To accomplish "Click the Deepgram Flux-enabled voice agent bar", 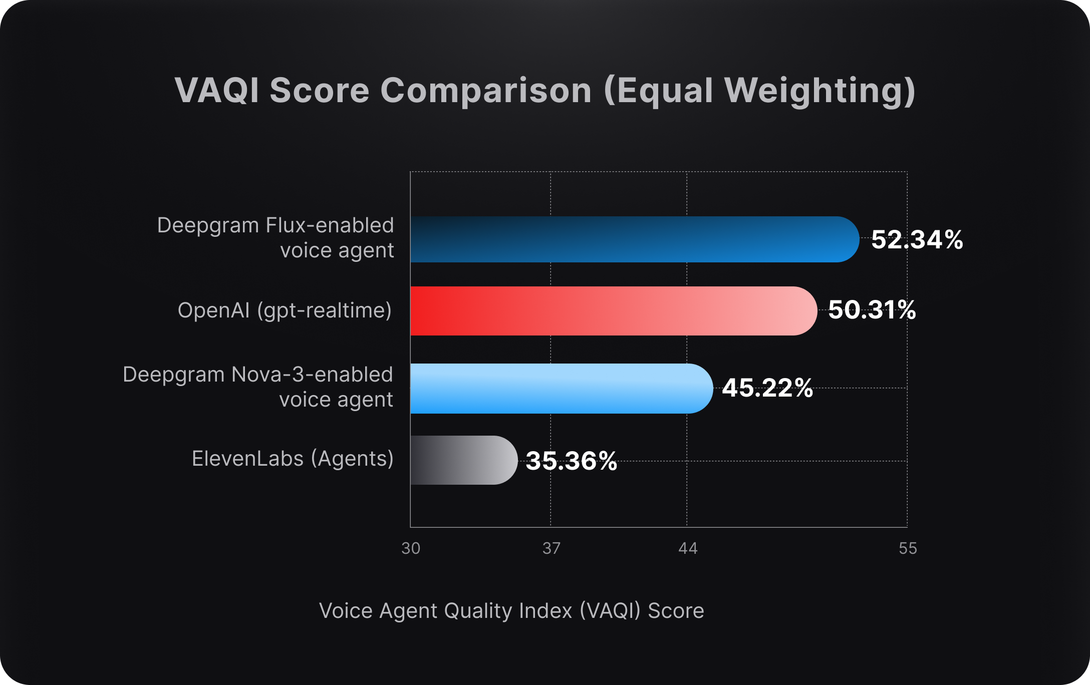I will (634, 239).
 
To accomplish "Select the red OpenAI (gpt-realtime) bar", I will (613, 311).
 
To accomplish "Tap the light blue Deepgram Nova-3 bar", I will (561, 389).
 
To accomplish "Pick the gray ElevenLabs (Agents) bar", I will (463, 460).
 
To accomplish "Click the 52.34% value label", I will (917, 239).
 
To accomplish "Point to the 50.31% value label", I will (872, 310).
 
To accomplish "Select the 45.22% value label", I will (767, 388).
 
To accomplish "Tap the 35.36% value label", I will (571, 461).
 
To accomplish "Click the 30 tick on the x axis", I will (411, 548).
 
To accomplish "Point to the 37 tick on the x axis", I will (551, 548).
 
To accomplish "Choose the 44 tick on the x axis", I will (687, 548).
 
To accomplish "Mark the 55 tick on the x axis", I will (908, 548).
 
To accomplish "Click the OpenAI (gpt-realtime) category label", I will (285, 311).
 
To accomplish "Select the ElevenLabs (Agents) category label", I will (293, 459).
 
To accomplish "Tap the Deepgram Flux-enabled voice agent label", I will (276, 238).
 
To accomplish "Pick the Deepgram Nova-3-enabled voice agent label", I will (258, 387).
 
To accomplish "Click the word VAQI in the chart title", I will (216, 91).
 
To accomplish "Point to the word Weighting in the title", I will (820, 92).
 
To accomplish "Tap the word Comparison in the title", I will (486, 92).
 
